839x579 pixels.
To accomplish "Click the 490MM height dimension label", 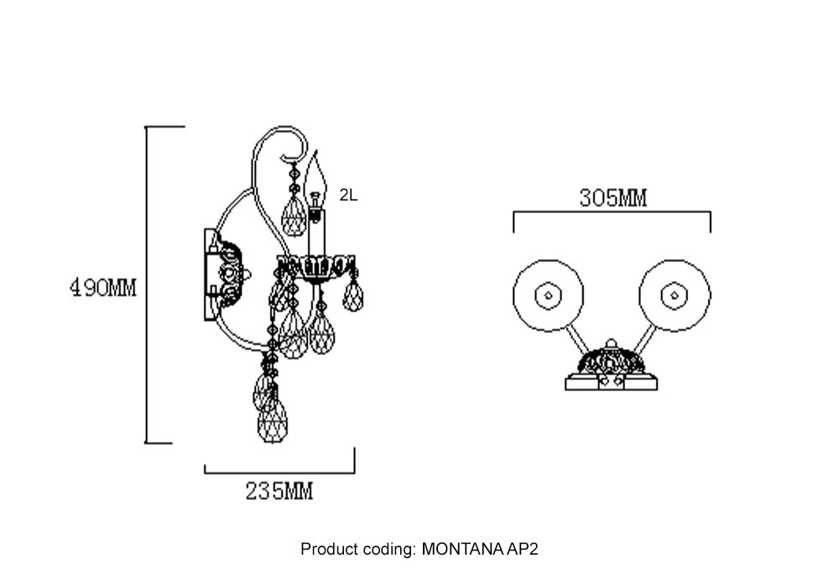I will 102,288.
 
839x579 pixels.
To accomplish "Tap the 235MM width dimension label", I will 279,492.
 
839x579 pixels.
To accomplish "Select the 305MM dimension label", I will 612,199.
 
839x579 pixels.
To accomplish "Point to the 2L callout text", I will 348,196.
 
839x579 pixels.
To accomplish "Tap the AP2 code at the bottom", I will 522,550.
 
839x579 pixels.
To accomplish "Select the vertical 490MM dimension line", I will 148,285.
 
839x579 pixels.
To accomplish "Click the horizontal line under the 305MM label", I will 612,213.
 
